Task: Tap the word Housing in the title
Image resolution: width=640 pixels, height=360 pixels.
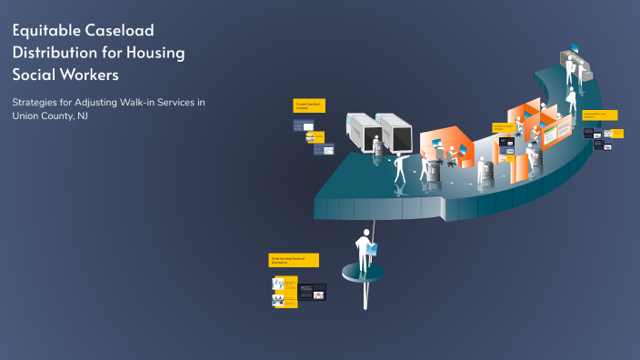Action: click(155, 52)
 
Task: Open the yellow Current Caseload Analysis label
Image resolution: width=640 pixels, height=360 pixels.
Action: click(307, 105)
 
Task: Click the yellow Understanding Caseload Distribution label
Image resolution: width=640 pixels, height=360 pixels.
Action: click(294, 260)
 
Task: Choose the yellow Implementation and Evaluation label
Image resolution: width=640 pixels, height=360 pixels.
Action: click(599, 115)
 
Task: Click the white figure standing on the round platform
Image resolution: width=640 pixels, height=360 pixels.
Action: click(364, 251)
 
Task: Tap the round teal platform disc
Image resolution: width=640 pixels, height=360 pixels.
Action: click(362, 273)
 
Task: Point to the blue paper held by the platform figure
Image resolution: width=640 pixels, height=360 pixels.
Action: click(372, 246)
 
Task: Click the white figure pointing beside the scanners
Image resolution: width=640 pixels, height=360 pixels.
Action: click(399, 171)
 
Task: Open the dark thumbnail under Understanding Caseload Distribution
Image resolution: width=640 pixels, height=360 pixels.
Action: click(311, 292)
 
